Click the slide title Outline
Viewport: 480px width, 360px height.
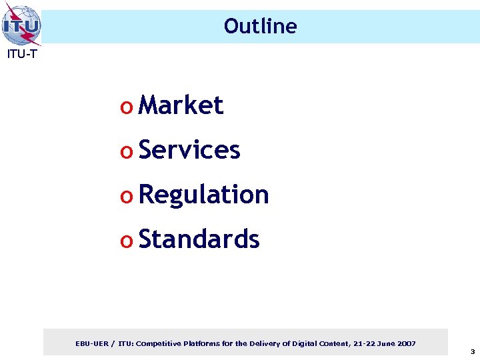point(260,26)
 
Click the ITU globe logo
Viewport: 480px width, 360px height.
point(21,25)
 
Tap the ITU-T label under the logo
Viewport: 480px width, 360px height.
point(22,55)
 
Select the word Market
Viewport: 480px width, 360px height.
point(181,105)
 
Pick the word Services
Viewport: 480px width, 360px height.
point(189,150)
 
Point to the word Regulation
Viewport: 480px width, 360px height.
point(203,195)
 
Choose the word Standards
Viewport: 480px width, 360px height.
point(199,239)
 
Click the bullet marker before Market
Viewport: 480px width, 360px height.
point(126,107)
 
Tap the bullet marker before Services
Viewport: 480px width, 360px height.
point(126,152)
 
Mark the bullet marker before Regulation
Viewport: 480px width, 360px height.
point(126,197)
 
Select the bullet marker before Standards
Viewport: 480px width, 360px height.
point(126,241)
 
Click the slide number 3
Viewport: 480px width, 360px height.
point(472,351)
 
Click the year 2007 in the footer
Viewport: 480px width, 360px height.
point(405,343)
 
